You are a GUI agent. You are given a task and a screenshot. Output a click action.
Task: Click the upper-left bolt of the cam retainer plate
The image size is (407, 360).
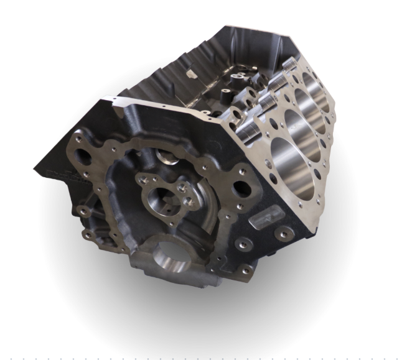[144, 180]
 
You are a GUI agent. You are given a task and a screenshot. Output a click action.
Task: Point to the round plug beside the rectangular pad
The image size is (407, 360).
[285, 233]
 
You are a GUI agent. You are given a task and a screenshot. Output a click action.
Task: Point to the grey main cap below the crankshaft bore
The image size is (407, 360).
[168, 277]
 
